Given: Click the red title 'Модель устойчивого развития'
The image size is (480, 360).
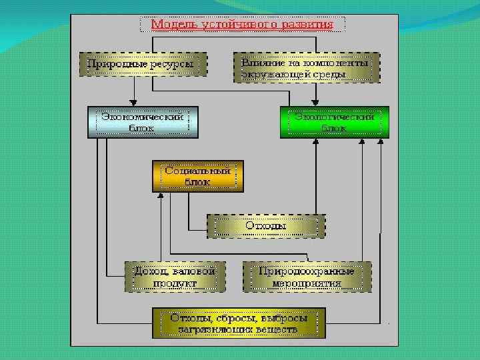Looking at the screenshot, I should coord(243,25).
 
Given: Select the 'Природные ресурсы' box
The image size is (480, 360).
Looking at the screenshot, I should coord(143,65).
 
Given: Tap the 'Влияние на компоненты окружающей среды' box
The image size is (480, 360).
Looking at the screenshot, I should coord(307,67).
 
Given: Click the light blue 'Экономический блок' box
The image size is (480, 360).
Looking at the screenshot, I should coord(143,122).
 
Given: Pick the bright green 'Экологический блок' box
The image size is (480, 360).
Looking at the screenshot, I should coord(334,122).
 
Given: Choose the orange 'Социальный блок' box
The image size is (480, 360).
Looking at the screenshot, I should coord(197,175).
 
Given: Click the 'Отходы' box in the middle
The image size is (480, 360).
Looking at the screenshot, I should coord(266,226).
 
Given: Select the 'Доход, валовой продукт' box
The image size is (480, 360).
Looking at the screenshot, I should coord(175,277).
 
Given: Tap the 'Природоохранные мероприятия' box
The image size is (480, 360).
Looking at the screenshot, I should coord(307,277).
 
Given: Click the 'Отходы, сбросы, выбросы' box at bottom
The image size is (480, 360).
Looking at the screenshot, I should coord(239,323).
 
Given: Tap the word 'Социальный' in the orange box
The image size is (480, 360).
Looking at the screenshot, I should coord(197,170).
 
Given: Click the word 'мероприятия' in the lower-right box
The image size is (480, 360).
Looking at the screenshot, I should coord(307,283).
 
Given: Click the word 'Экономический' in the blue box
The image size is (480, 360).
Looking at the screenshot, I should coord(143,116).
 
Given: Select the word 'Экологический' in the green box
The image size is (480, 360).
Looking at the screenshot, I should coord(334,116).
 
